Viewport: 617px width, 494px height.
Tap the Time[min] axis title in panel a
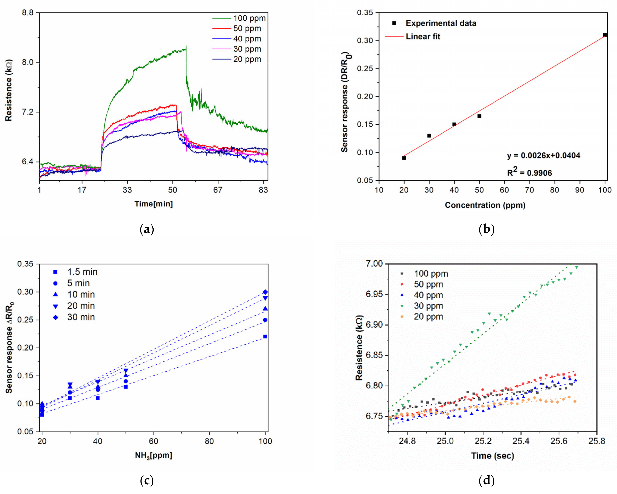(154, 204)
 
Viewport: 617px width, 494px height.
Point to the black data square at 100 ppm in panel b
(605, 35)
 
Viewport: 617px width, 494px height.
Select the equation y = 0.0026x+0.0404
(543, 155)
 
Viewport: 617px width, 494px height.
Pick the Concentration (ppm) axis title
(485, 205)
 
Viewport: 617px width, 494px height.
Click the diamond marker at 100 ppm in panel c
(265, 292)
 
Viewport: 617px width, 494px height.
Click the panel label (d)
(486, 481)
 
